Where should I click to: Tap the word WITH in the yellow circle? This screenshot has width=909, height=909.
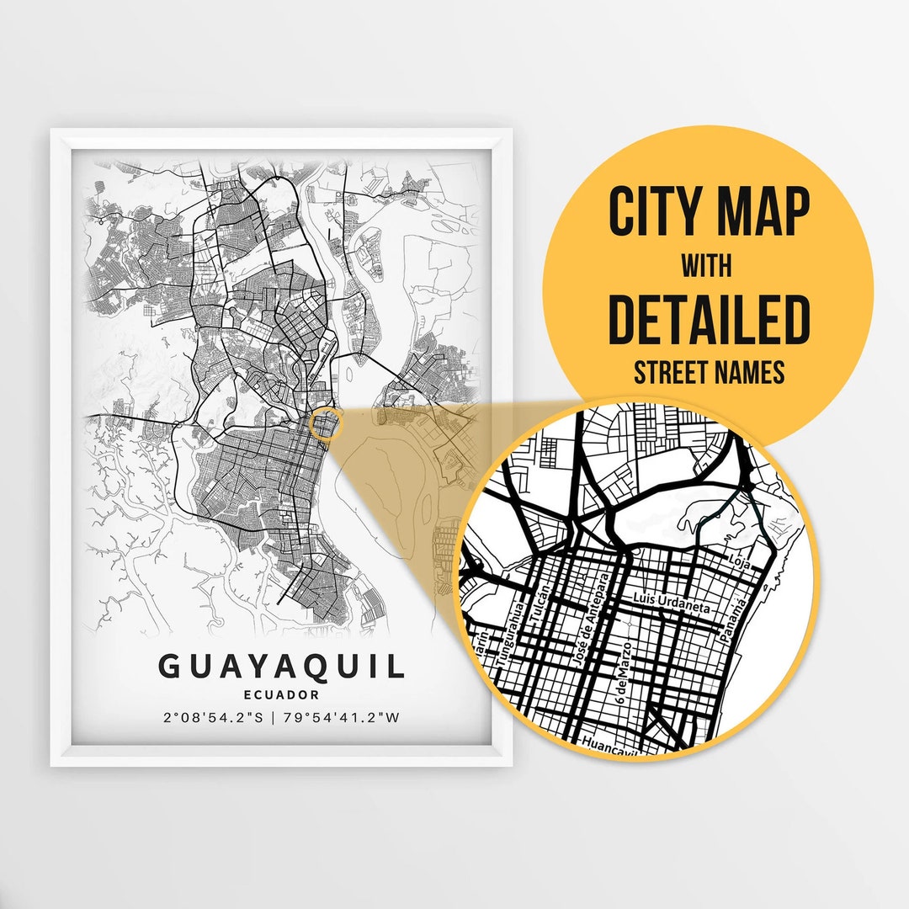707,267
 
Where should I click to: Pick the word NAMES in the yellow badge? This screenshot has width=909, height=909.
752,372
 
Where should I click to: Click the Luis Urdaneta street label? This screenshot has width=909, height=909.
672,603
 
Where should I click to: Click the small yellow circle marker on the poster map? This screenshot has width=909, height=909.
324,423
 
